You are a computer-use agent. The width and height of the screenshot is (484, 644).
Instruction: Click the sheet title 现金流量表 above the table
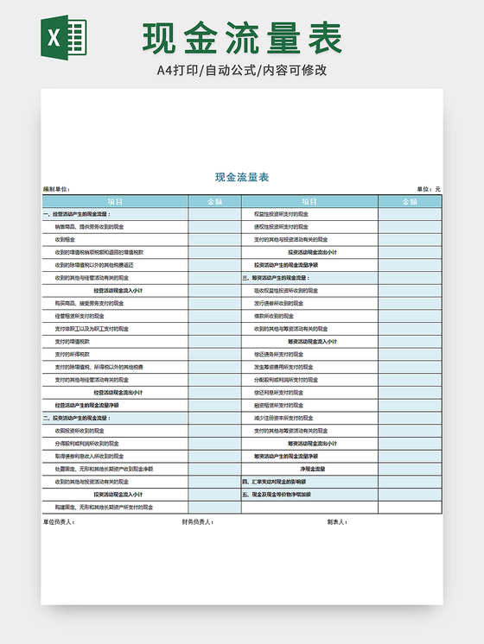(x=242, y=177)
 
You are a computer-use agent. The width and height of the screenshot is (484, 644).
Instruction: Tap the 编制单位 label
(x=56, y=189)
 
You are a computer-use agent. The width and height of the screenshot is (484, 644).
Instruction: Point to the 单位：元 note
(x=429, y=189)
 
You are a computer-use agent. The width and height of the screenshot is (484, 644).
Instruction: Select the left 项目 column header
(x=115, y=201)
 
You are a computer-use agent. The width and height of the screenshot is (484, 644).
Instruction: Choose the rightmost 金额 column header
(x=410, y=201)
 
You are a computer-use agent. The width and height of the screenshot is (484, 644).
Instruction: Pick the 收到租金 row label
(x=65, y=239)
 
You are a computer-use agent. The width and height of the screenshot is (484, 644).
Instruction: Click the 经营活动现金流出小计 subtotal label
(x=118, y=392)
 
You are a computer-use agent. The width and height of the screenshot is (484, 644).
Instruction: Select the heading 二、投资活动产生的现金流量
(x=78, y=418)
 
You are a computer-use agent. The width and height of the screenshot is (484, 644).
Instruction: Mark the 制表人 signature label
(x=337, y=521)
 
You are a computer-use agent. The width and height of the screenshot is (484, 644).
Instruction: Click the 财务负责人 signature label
(x=198, y=521)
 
